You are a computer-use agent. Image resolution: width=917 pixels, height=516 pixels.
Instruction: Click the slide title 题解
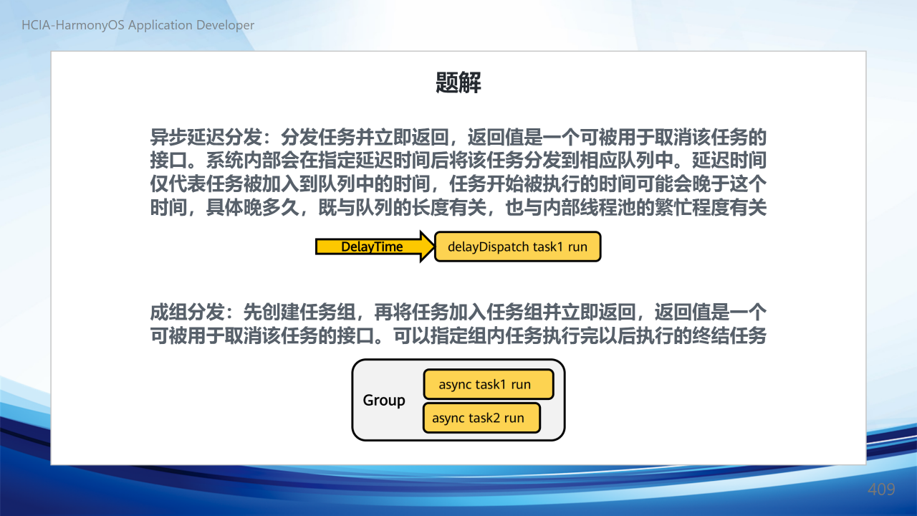pos(458,82)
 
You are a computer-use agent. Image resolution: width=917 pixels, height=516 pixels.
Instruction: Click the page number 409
pos(881,489)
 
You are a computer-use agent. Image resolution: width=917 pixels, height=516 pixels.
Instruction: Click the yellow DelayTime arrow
pos(375,247)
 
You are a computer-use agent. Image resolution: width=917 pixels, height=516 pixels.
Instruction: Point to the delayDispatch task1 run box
pos(517,247)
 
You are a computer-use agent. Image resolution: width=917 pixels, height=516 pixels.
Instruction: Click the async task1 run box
pos(489,384)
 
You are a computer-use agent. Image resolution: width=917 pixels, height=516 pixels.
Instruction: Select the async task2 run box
pos(481,418)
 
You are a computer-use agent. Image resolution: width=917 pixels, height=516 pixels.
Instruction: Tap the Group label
pos(383,400)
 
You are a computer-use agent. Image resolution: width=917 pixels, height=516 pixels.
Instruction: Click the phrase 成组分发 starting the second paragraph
pos(187,312)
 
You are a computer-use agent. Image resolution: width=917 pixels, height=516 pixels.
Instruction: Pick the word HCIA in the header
pos(37,25)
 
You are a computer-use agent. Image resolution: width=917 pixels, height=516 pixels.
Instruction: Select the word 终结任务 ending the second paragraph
pos(729,336)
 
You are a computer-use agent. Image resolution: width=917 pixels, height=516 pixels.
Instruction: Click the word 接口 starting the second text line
pos(168,160)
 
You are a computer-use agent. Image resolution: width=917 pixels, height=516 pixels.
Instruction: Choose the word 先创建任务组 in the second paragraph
pos(299,312)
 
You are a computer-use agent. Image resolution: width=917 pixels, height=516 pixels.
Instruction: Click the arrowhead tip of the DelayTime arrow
pos(434,247)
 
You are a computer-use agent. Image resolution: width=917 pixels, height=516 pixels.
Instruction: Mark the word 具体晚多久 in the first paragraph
pos(253,207)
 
